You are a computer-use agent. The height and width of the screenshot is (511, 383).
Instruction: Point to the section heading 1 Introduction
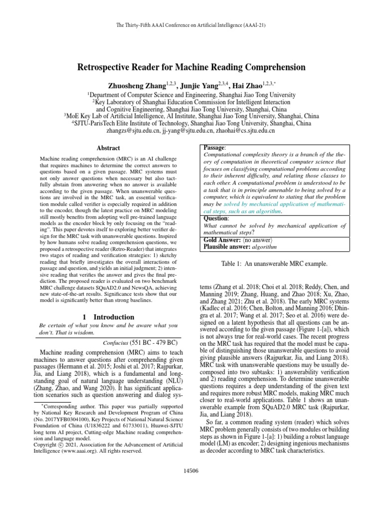[x=108, y=317]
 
